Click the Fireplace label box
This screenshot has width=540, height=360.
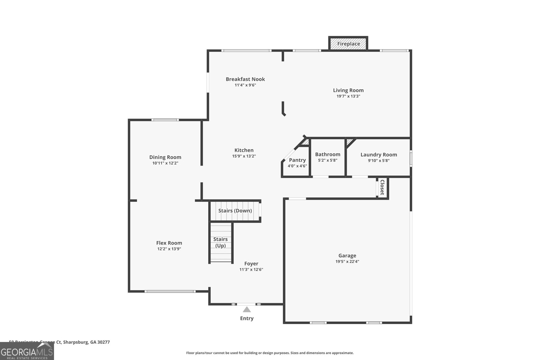[348, 44]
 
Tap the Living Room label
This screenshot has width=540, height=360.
[348, 90]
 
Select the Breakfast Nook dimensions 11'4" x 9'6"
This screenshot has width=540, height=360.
[245, 85]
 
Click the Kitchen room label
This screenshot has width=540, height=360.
[244, 150]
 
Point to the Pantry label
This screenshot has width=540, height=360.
[297, 160]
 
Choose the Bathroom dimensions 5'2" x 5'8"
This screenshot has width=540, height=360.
[328, 161]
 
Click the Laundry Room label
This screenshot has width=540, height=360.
[379, 155]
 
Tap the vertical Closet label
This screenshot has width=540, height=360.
[382, 187]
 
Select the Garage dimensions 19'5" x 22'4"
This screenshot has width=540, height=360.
[347, 261]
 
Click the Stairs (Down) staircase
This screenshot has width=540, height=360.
[235, 211]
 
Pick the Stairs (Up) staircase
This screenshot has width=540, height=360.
[220, 242]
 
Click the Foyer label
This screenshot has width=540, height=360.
[251, 264]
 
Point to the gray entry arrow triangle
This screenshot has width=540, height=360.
[247, 310]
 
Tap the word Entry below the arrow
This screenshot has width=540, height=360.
[247, 318]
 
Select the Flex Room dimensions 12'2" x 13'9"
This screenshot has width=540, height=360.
[169, 249]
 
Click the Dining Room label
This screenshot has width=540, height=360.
[165, 157]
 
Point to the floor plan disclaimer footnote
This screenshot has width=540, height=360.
[270, 353]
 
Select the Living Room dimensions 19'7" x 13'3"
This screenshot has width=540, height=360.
[348, 96]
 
